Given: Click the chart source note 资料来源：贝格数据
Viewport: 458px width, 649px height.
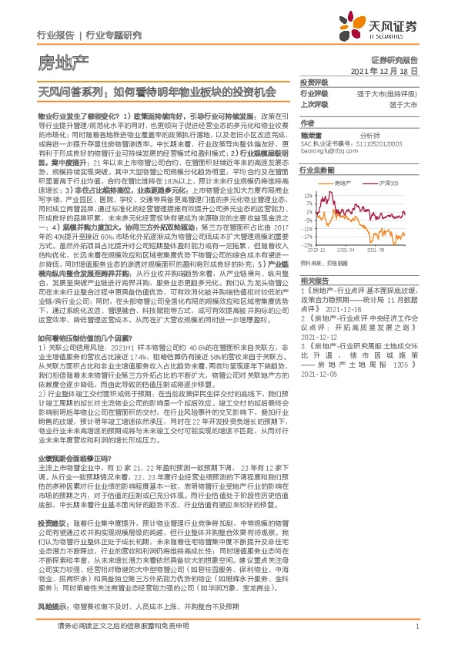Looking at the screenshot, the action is [326, 262].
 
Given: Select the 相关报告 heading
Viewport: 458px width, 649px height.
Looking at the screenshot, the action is [314, 281].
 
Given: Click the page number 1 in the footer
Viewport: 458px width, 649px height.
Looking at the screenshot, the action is [416, 635].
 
